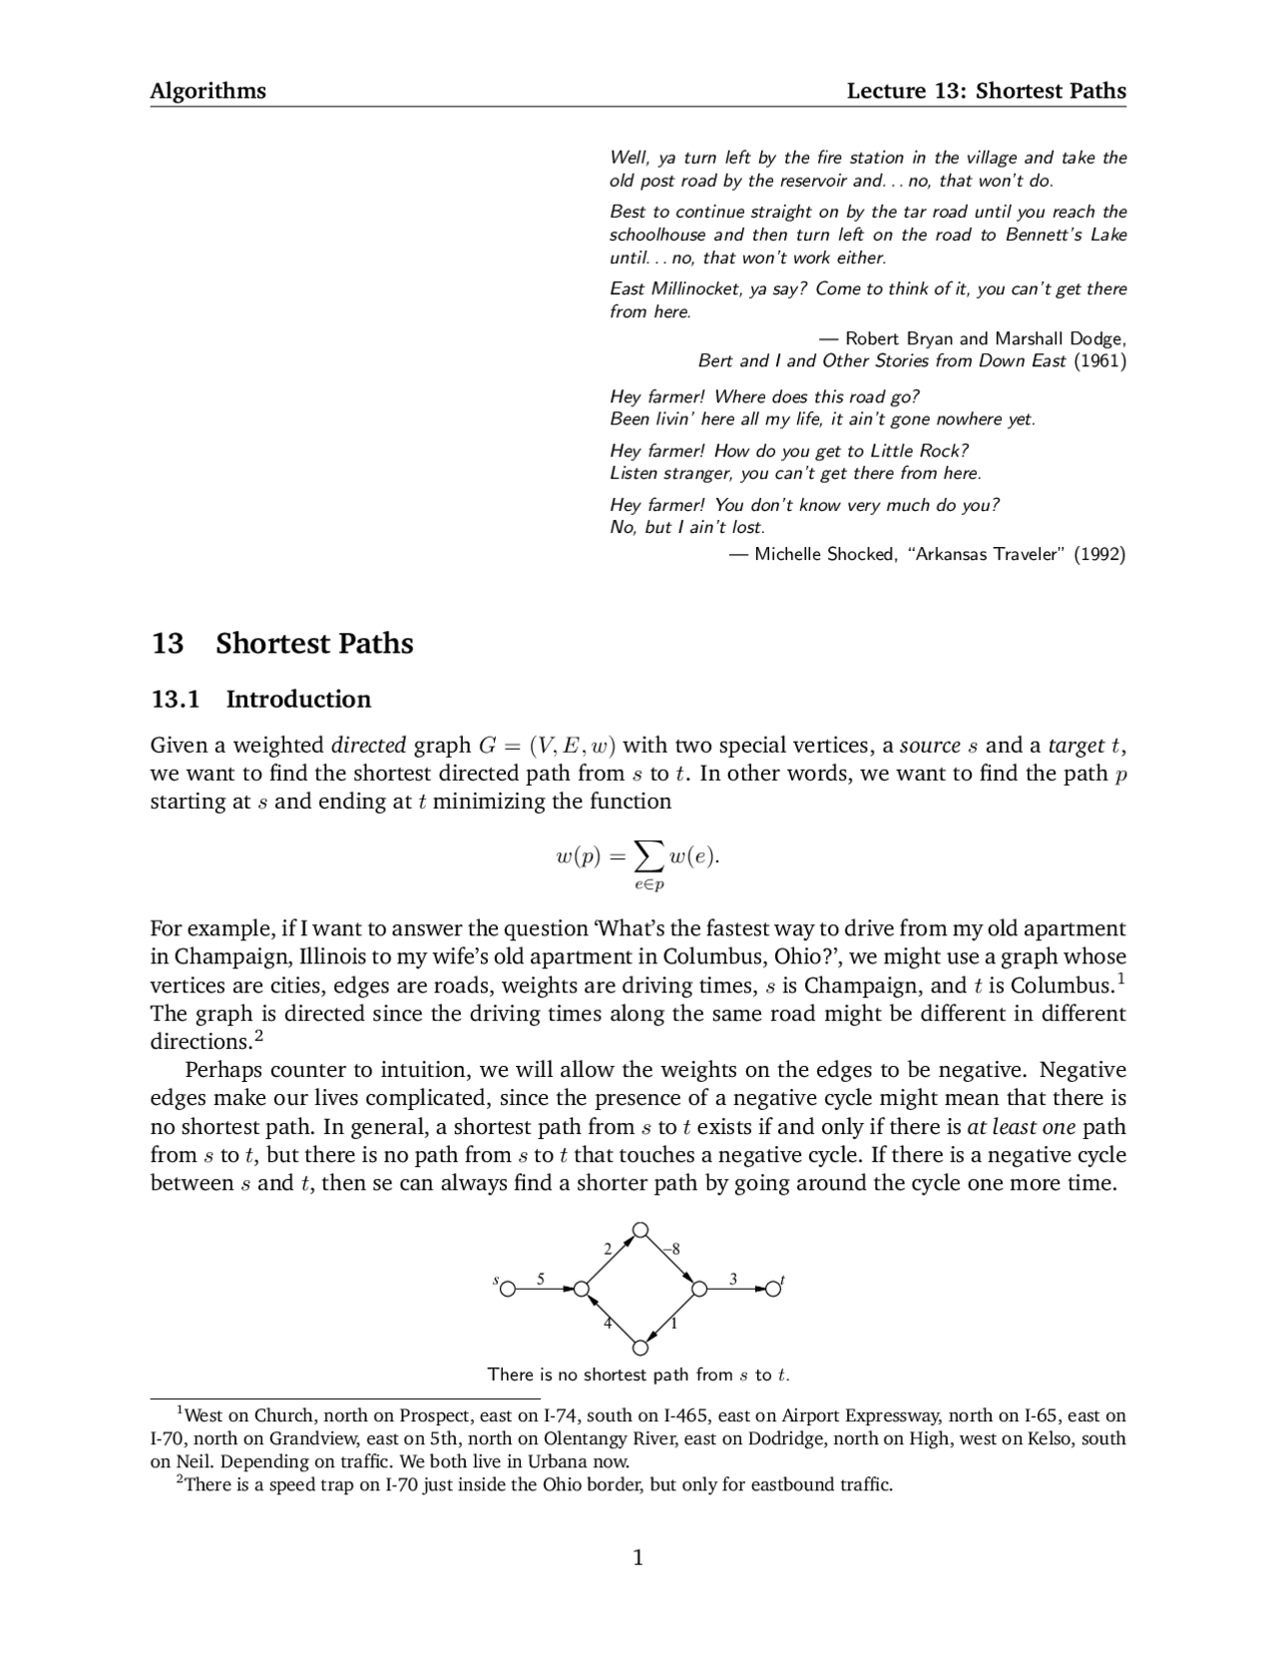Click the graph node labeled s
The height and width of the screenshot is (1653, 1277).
pyautogui.click(x=508, y=1289)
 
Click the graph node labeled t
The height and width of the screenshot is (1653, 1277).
pyautogui.click(x=773, y=1289)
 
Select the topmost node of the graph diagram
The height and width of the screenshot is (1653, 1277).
pyautogui.click(x=640, y=1229)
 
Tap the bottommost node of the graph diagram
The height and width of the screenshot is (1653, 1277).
pyautogui.click(x=640, y=1349)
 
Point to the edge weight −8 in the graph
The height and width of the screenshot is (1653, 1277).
pyautogui.click(x=673, y=1249)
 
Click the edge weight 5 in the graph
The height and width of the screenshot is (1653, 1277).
pyautogui.click(x=541, y=1278)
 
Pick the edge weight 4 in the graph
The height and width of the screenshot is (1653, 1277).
pyautogui.click(x=608, y=1324)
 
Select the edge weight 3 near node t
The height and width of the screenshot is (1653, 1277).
pyautogui.click(x=733, y=1278)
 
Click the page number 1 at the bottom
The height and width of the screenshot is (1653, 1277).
pyautogui.click(x=638, y=1557)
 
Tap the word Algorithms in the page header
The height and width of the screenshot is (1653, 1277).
pyautogui.click(x=208, y=91)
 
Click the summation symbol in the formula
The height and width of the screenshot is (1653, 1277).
pyautogui.click(x=648, y=854)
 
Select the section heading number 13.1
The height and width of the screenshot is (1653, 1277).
pyautogui.click(x=176, y=699)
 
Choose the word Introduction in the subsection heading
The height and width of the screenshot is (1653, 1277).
pyautogui.click(x=298, y=699)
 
